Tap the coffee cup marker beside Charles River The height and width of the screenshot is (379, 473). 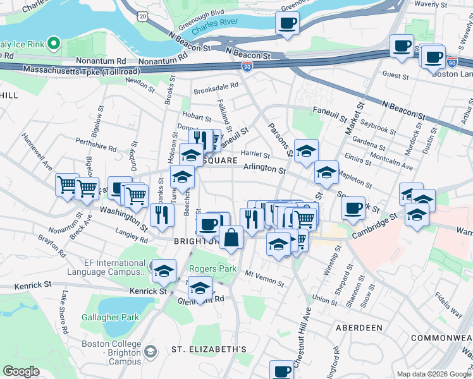pyautogui.click(x=288, y=23)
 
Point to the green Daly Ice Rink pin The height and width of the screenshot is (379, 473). pyautogui.click(x=54, y=44)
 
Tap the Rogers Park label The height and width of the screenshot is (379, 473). pyautogui.click(x=212, y=269)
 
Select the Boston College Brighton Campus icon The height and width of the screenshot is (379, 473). pyautogui.click(x=150, y=351)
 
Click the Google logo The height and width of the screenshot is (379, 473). pyautogui.click(x=20, y=371)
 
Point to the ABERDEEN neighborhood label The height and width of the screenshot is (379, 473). pyautogui.click(x=359, y=328)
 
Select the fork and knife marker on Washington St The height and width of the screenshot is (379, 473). pyautogui.click(x=163, y=215)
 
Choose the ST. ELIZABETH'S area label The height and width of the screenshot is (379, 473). pyautogui.click(x=209, y=349)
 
